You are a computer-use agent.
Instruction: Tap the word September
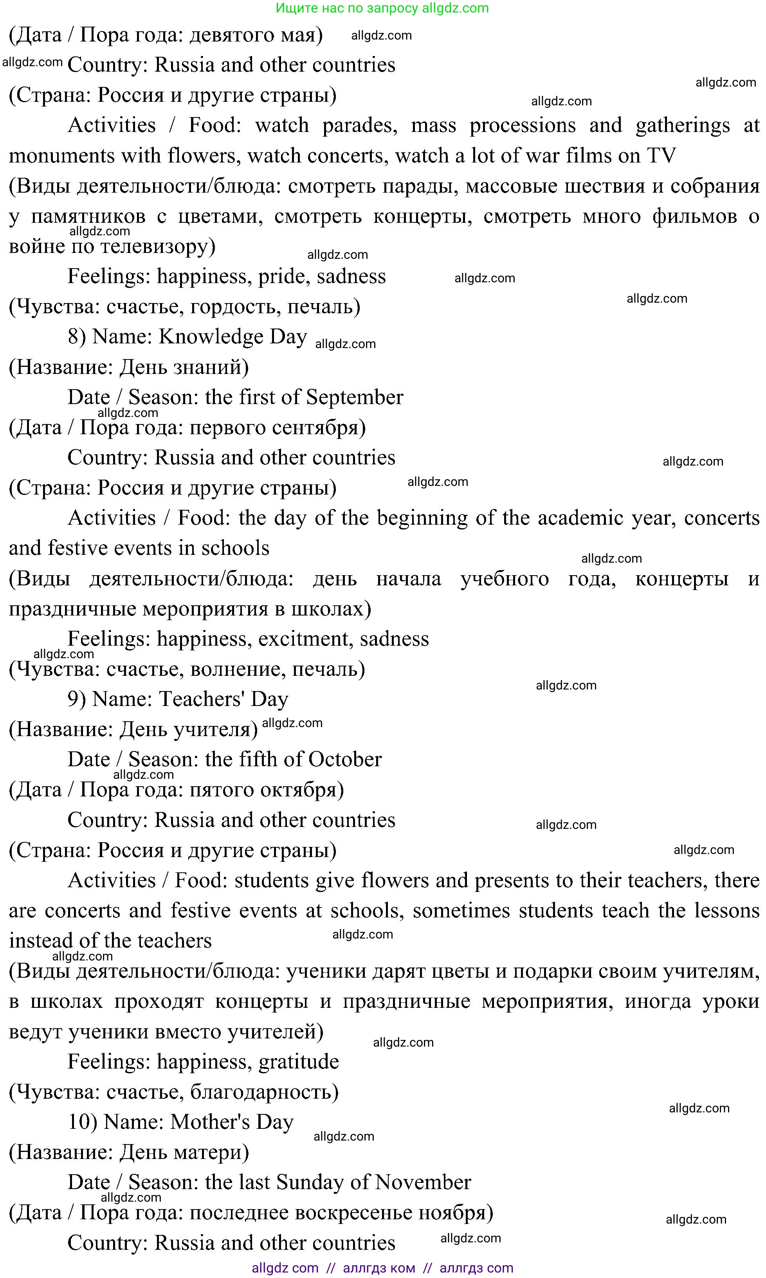[355, 397]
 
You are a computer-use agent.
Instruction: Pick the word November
[423, 1182]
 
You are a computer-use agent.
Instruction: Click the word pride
[281, 277]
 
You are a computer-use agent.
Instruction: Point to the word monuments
[61, 156]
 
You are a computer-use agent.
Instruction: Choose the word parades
[360, 125]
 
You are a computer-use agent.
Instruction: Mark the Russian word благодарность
[264, 1092]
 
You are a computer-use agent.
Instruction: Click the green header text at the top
[382, 8]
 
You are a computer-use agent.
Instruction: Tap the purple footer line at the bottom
[382, 1268]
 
